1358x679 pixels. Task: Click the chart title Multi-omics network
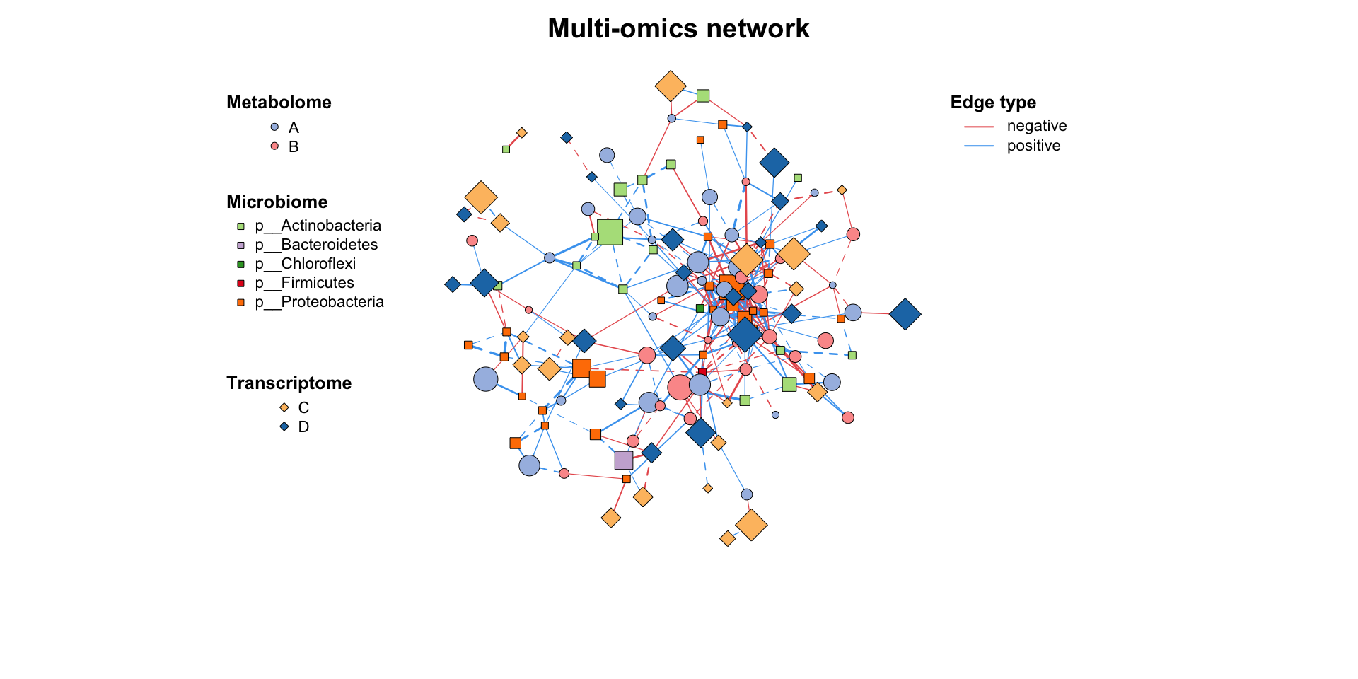(678, 29)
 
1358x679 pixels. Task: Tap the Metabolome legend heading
(279, 103)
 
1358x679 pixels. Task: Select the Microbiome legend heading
(277, 202)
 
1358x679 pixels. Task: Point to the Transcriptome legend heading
(289, 383)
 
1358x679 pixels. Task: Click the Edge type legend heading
(993, 103)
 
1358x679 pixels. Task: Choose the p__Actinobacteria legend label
(318, 226)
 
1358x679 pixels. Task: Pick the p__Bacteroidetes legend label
(316, 245)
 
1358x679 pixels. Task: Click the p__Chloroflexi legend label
(305, 264)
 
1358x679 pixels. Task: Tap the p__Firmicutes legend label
(304, 283)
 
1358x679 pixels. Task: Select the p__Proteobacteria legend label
(319, 302)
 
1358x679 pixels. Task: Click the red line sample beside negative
(979, 127)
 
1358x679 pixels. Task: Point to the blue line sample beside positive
(979, 146)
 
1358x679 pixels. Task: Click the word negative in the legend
(1036, 126)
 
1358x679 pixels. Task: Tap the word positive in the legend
(1033, 146)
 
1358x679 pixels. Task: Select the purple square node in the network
(623, 460)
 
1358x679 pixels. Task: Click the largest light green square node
(610, 232)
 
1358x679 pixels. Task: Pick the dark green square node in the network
(700, 308)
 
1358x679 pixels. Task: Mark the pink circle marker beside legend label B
(274, 146)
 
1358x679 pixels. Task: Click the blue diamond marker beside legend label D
(284, 426)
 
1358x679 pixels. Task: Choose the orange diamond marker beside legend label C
(284, 407)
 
